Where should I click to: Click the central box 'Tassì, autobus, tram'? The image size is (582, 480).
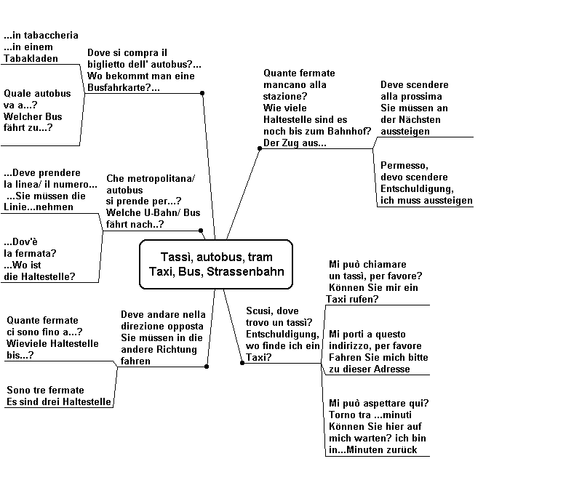pyautogui.click(x=216, y=264)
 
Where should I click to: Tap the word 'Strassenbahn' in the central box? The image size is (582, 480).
pyautogui.click(x=245, y=271)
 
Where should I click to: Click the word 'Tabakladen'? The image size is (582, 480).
pyautogui.click(x=31, y=58)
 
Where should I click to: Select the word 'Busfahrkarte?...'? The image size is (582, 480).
pyautogui.click(x=124, y=87)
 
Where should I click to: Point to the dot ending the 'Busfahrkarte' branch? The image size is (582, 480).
pyautogui.click(x=202, y=93)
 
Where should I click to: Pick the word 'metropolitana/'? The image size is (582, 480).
pyautogui.click(x=161, y=178)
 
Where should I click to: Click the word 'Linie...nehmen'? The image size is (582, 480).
pyautogui.click(x=39, y=207)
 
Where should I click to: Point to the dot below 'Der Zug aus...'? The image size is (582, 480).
pyautogui.click(x=260, y=148)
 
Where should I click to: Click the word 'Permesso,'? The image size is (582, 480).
pyautogui.click(x=404, y=165)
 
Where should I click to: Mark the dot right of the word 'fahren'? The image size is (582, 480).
pyautogui.click(x=207, y=367)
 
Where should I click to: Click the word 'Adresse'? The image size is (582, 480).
pyautogui.click(x=392, y=369)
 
